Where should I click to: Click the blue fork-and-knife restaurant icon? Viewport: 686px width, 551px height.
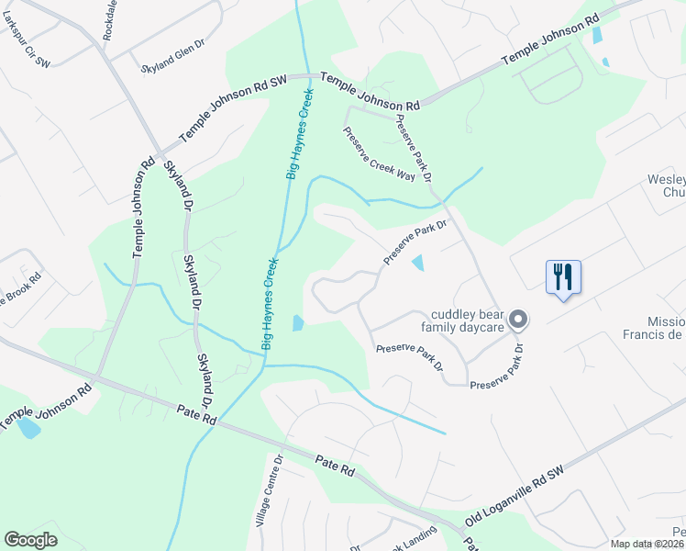[563, 276]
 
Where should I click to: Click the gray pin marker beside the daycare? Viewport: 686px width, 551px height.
[518, 320]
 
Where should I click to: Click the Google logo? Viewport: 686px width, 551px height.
[30, 540]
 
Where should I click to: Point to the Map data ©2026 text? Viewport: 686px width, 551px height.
[647, 544]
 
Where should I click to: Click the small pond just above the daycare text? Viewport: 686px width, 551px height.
[418, 263]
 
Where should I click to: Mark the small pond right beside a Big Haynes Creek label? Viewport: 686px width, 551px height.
[298, 323]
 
